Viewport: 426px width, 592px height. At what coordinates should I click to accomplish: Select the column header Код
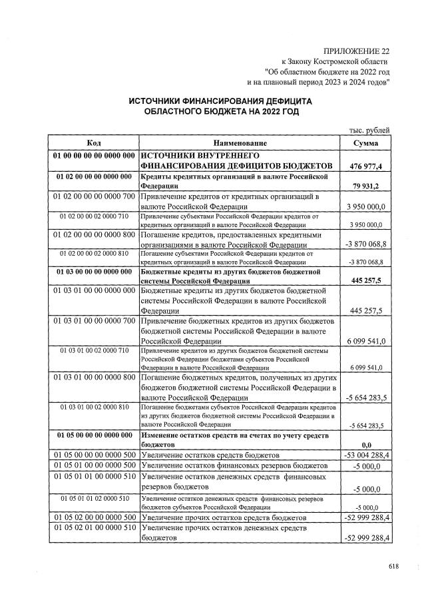[93, 144]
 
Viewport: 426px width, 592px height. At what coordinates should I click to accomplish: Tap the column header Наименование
[240, 144]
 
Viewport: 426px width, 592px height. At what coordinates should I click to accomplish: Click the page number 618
[393, 567]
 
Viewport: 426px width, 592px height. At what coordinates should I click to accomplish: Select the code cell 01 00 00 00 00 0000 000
[93, 155]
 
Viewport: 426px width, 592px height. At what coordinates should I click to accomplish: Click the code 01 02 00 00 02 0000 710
[93, 216]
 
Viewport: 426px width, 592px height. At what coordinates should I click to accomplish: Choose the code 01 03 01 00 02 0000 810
[93, 406]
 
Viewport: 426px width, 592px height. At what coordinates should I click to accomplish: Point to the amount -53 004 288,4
[366, 454]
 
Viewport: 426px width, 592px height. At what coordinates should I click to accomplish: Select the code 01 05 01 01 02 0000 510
[93, 498]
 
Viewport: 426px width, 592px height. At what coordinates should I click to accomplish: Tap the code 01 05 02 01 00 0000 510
[93, 529]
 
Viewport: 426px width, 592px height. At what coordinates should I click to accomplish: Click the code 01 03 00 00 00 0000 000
[93, 272]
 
